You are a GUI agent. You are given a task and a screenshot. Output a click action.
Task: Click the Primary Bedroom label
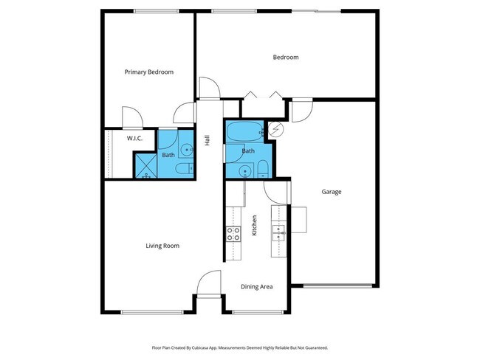148,72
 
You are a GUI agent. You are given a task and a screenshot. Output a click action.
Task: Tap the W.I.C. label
134,138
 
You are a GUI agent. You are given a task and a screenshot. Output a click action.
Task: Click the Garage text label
331,192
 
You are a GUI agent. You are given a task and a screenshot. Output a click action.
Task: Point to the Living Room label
162,246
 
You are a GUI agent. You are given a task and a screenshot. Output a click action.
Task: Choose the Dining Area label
257,286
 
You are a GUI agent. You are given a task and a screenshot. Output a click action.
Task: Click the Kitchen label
255,224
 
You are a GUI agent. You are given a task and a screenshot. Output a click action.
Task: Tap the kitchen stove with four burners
233,234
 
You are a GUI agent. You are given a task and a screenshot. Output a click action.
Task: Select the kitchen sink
280,233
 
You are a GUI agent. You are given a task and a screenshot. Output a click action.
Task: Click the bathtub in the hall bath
243,133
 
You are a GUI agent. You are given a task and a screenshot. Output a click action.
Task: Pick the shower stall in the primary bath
144,165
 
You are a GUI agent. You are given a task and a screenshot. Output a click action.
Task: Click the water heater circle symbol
276,129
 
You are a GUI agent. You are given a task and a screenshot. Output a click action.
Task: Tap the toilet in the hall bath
262,171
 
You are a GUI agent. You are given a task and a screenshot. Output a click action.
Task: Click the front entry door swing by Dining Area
209,283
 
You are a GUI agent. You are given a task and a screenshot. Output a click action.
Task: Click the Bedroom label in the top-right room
286,57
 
